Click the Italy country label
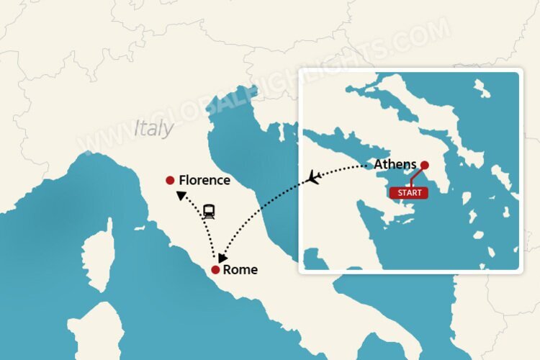click(x=153, y=128)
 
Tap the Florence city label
click(x=204, y=180)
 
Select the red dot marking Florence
click(x=170, y=180)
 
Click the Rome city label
click(x=240, y=270)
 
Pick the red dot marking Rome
click(x=215, y=270)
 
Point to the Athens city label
click(x=395, y=164)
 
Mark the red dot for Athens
click(x=425, y=164)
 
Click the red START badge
click(x=408, y=193)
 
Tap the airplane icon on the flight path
click(x=313, y=176)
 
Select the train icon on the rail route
click(x=210, y=211)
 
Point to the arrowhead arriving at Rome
click(x=223, y=257)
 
